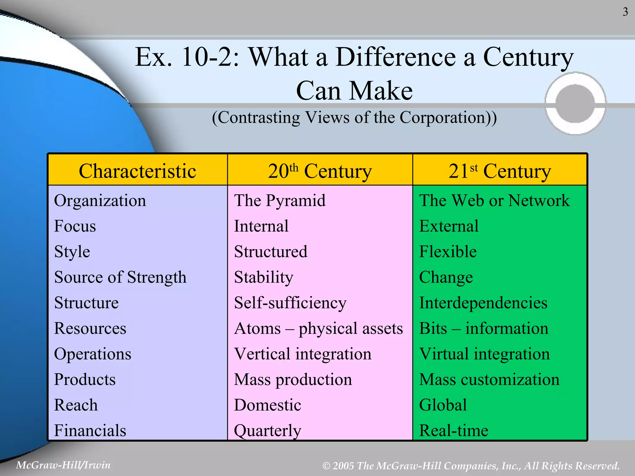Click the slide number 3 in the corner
625,12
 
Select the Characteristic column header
137,171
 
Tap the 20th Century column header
320,171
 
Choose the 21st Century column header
500,171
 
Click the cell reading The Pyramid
280,201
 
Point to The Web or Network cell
494,201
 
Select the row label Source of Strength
120,277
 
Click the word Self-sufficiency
290,303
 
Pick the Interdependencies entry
483,303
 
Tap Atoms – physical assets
318,328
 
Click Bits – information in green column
484,328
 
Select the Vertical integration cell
303,354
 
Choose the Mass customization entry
489,380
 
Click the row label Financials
90,430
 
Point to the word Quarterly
267,430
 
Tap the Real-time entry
454,430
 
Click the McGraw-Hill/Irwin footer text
63,465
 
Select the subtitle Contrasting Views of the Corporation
354,117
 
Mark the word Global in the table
443,405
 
